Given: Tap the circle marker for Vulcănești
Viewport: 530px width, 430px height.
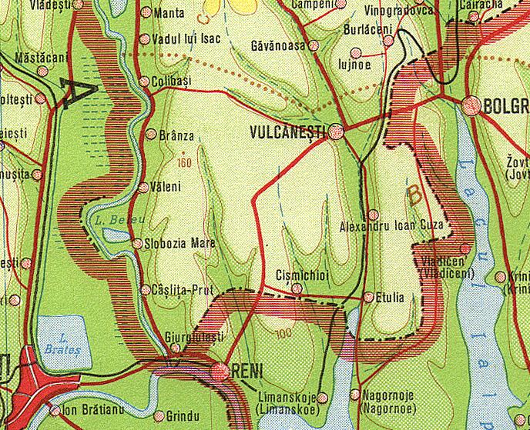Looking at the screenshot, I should pos(335,133).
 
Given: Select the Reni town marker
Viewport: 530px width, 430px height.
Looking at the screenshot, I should pos(222,371).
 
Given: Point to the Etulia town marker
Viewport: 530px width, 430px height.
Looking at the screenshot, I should pos(368,296).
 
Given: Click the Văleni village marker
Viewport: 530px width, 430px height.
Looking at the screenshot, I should pos(143,187).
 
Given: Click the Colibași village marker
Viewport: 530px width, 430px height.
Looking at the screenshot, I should pos(144,82).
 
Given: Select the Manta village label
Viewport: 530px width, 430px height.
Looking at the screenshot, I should pos(169,13).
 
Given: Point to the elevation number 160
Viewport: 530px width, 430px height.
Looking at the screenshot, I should pos(183,162).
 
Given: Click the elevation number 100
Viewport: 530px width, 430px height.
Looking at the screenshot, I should pos(282,332).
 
